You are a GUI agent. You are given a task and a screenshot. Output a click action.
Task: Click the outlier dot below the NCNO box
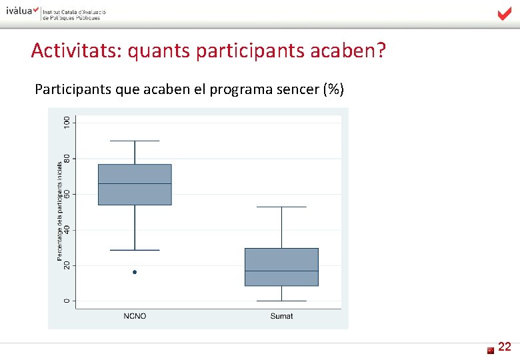point(135,272)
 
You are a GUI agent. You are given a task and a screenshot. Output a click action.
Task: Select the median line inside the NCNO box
point(135,183)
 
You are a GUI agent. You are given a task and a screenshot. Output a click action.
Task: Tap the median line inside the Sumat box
point(281,271)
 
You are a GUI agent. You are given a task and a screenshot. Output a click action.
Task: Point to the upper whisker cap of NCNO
point(135,141)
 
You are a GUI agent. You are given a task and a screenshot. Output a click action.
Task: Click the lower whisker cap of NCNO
point(135,250)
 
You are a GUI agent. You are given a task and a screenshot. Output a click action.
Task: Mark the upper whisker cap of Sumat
point(281,207)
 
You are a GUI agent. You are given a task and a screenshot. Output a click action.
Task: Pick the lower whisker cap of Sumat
point(281,301)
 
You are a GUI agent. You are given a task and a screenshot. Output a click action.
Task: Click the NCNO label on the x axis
point(135,316)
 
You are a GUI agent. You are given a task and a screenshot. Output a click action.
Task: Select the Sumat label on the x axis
point(281,316)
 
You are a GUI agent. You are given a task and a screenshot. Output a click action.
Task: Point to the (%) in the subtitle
point(333,90)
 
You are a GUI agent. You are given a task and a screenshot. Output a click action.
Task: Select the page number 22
point(505,346)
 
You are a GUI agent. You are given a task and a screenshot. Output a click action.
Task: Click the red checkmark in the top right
point(505,14)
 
